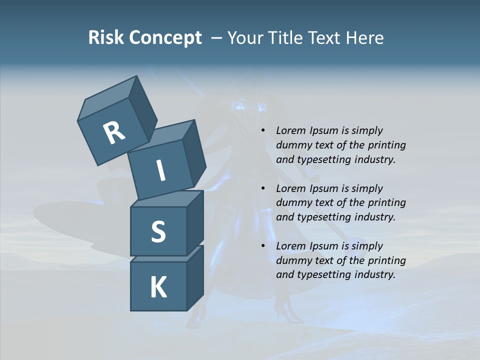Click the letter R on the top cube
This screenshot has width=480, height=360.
click(114, 132)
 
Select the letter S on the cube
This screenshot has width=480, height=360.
click(158, 232)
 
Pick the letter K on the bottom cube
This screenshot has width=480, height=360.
click(158, 287)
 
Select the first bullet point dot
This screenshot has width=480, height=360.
click(263, 131)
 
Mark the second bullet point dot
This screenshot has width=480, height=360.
click(263, 189)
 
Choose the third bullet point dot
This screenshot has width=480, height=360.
click(263, 246)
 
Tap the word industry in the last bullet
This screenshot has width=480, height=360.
click(375, 274)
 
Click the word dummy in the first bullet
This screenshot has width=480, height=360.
click(292, 145)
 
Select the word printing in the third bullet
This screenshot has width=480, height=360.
click(387, 260)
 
